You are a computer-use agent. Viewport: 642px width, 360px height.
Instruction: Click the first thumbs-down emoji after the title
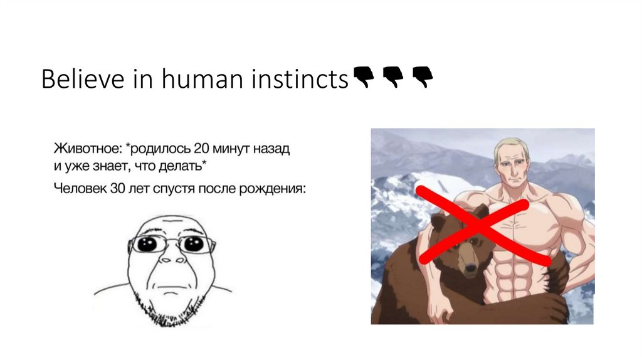(364, 78)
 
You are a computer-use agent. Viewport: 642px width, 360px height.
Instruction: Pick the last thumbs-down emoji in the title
(423, 78)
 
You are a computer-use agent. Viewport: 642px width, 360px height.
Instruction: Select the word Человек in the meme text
(80, 188)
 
